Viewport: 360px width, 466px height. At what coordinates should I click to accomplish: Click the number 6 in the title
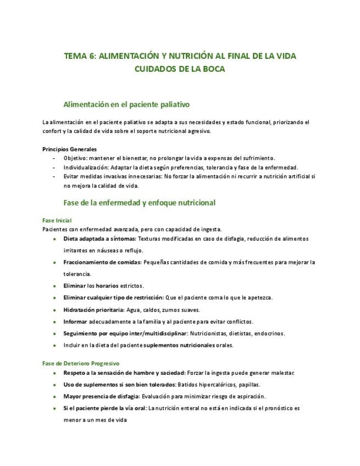tap(91, 56)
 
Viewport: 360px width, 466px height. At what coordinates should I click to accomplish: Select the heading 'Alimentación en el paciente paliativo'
tap(126, 104)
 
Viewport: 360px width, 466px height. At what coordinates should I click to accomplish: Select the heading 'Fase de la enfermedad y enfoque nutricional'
tap(140, 203)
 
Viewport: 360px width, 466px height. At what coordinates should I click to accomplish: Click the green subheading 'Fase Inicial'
tap(57, 220)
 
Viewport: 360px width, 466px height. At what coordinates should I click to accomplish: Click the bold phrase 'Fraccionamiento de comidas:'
tap(102, 262)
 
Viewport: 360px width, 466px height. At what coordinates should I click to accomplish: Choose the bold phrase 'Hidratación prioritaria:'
tap(94, 309)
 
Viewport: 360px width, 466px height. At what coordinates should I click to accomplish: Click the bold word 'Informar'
tap(75, 321)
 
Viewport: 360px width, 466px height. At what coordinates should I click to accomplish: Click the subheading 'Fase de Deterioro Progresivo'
tap(81, 363)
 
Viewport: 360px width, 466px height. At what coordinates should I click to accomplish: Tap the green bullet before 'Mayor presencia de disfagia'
tap(54, 396)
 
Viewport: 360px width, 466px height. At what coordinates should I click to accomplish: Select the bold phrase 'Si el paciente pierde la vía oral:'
tap(105, 408)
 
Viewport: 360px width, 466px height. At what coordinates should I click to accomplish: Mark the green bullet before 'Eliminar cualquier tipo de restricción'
tap(54, 298)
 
